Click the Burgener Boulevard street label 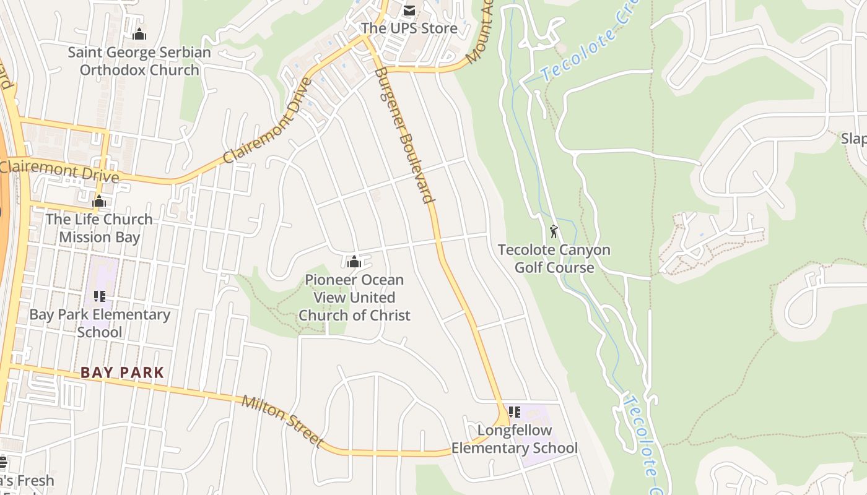click(403, 135)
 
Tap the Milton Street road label click(282, 421)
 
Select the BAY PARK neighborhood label click(123, 372)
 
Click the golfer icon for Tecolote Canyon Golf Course click(554, 232)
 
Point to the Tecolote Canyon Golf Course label click(554, 259)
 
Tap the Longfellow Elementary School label click(514, 439)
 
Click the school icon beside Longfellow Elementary click(514, 411)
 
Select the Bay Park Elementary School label click(100, 323)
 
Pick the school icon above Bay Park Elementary click(100, 297)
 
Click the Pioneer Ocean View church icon click(354, 262)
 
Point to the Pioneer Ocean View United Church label click(354, 298)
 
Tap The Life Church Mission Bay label click(99, 228)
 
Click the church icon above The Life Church click(99, 201)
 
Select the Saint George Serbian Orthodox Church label click(139, 61)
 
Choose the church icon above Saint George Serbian click(139, 33)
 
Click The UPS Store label click(409, 28)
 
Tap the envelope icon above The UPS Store click(409, 10)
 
